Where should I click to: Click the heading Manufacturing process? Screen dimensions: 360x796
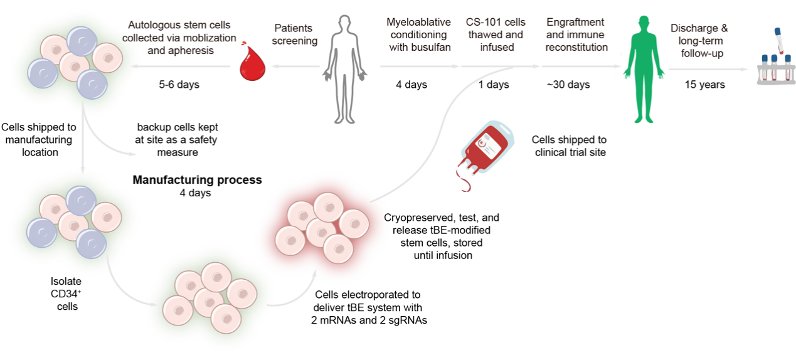pyautogui.click(x=197, y=180)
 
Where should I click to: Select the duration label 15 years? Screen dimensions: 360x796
pyautogui.click(x=704, y=85)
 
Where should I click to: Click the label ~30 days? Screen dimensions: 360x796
pyautogui.click(x=568, y=85)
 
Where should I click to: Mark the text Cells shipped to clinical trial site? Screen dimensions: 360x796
pyautogui.click(x=569, y=146)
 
